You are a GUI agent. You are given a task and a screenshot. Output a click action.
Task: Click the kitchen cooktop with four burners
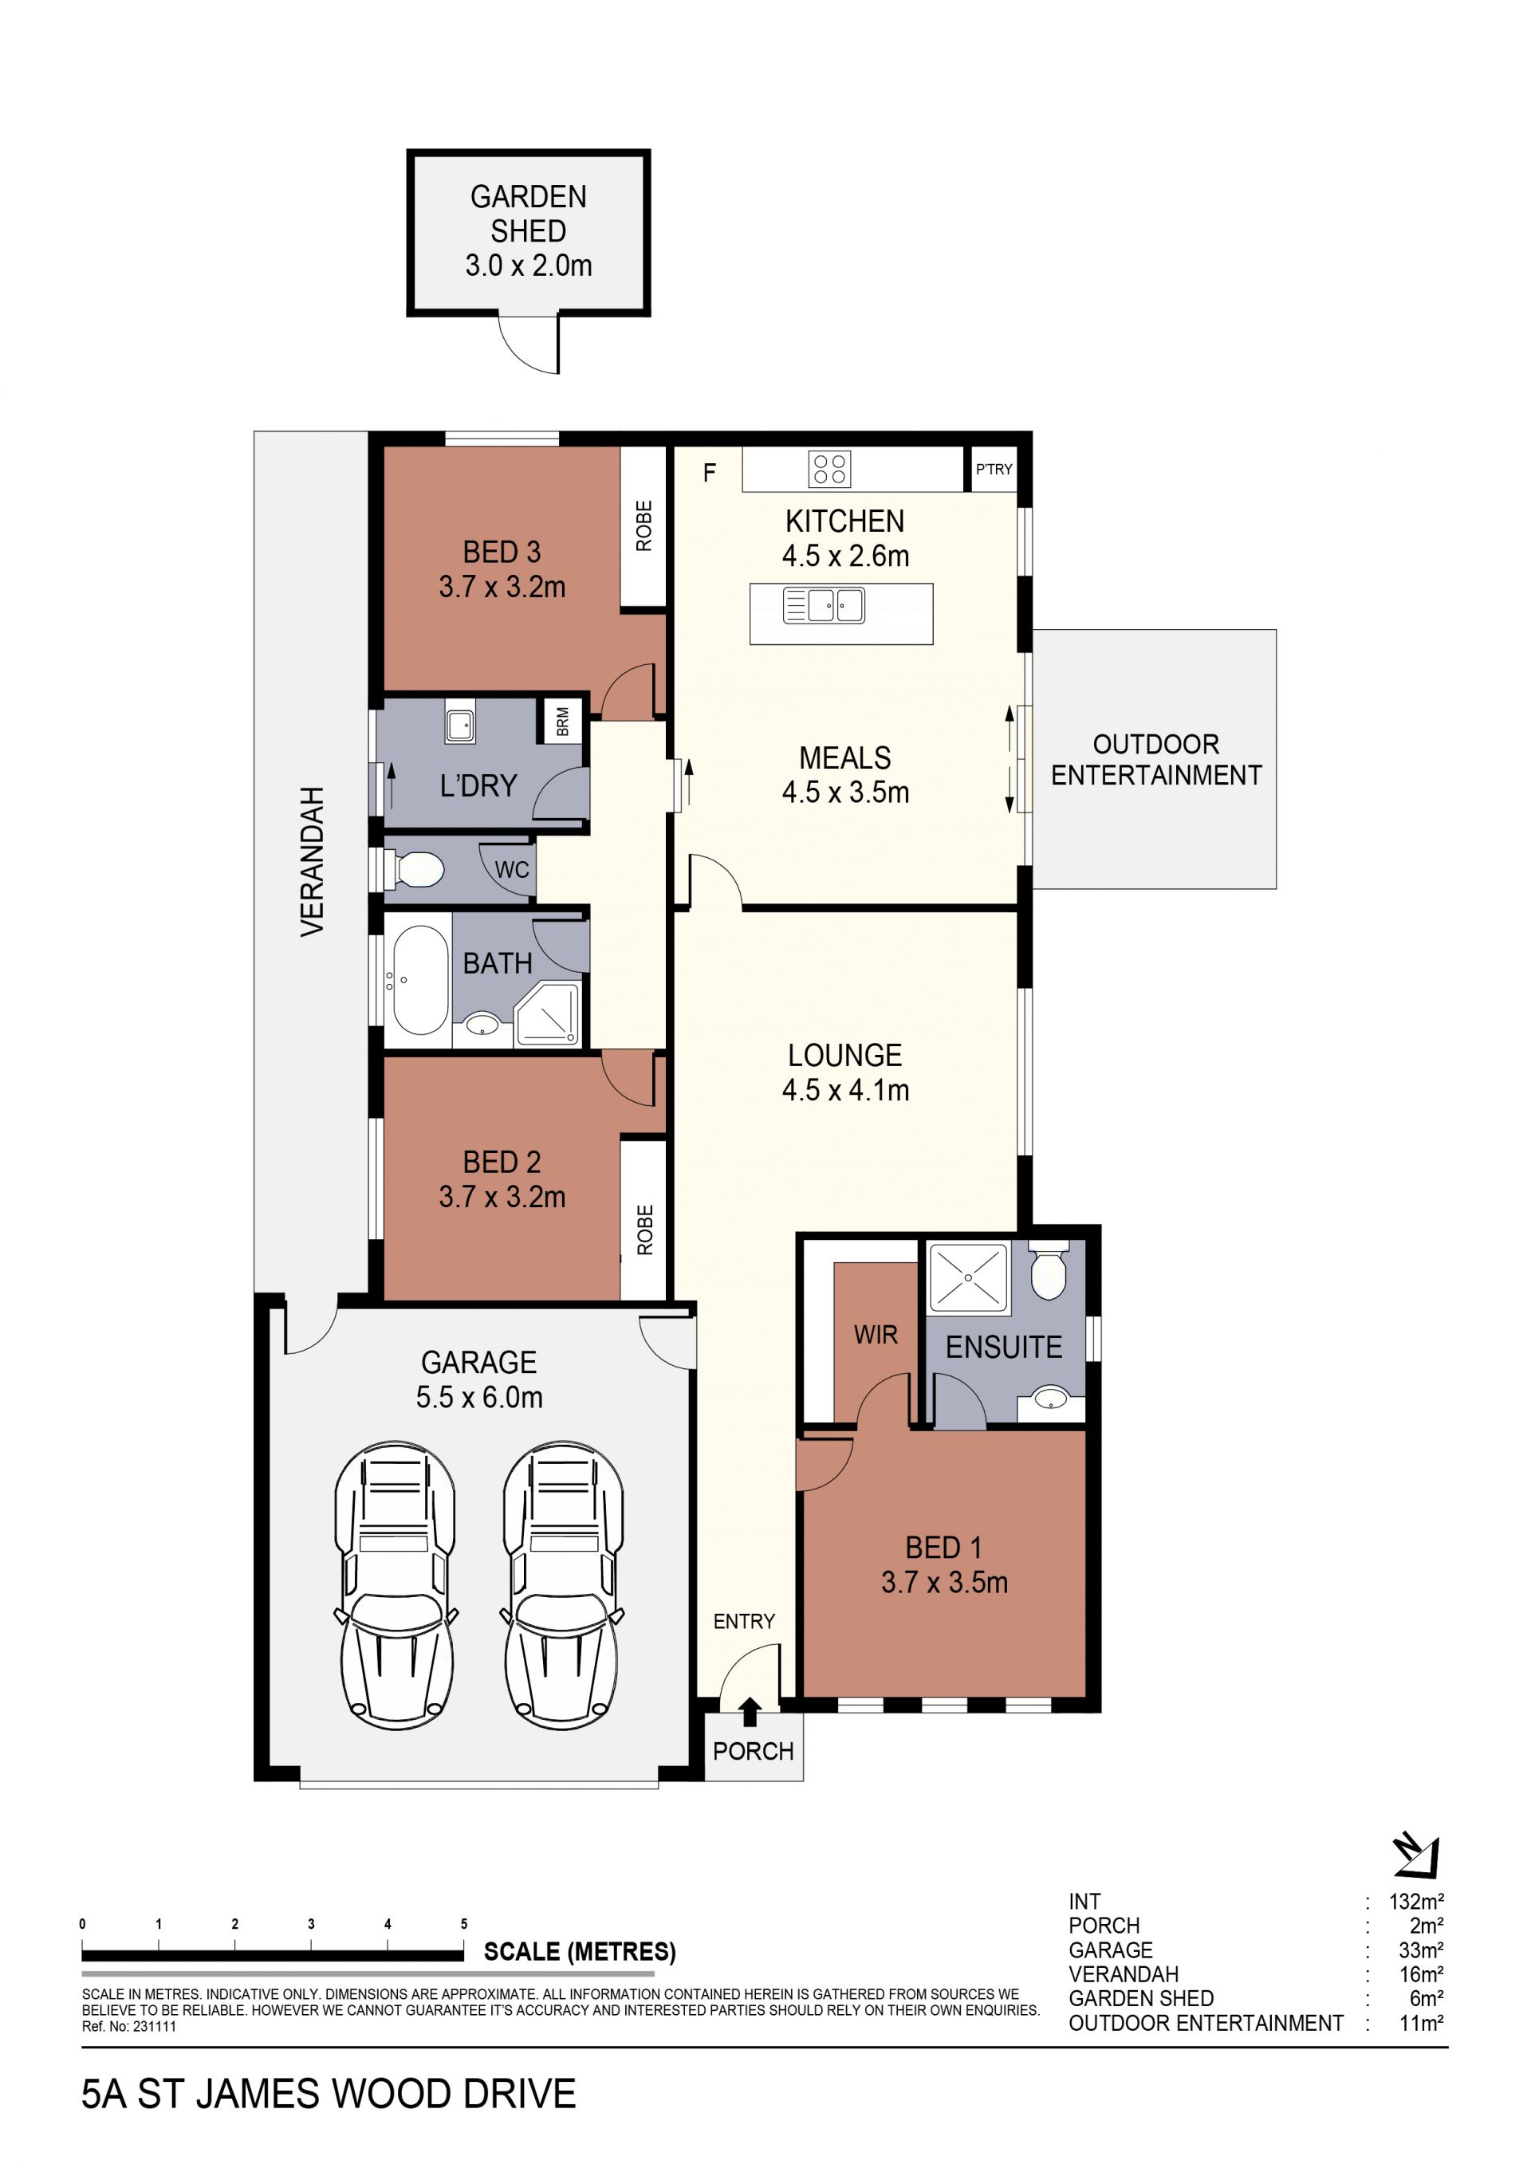(x=829, y=468)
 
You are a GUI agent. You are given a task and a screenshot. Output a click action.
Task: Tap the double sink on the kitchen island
(x=824, y=605)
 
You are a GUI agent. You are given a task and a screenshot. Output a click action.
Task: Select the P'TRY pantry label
(x=994, y=470)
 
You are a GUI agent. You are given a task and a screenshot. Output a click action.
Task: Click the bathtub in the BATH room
(x=420, y=980)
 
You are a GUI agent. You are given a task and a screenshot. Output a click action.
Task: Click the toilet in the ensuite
(x=1049, y=1269)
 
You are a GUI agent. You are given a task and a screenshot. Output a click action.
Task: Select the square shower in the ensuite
(x=968, y=1278)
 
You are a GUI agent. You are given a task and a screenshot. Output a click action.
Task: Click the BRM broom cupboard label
(x=563, y=721)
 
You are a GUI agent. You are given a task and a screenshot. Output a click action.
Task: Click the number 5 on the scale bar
(x=464, y=1924)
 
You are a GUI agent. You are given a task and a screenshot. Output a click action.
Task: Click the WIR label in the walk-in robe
(x=876, y=1335)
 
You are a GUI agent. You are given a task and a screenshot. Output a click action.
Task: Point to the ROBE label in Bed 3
(x=643, y=526)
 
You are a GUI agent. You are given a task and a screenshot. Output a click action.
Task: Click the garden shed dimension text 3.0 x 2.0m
(x=529, y=266)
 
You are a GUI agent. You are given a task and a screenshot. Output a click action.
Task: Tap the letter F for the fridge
(x=710, y=472)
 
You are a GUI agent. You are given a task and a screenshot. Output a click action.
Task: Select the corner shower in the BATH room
(x=548, y=1013)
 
